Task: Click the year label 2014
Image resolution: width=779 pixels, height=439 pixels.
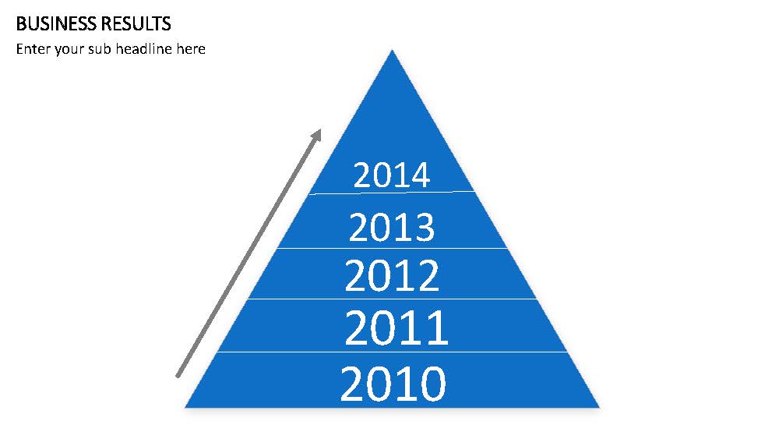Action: pyautogui.click(x=392, y=175)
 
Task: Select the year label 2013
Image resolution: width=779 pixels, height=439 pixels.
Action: pyautogui.click(x=392, y=227)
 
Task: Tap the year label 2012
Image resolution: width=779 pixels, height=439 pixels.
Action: pyautogui.click(x=392, y=275)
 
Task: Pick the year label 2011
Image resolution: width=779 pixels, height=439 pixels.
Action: pyautogui.click(x=396, y=327)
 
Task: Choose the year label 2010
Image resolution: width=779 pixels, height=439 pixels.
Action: pyautogui.click(x=393, y=383)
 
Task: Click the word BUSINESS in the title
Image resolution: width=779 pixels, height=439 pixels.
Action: pyautogui.click(x=56, y=24)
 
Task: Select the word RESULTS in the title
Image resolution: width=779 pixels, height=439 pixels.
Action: pyautogui.click(x=136, y=24)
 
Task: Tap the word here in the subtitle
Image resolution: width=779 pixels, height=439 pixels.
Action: pyautogui.click(x=191, y=48)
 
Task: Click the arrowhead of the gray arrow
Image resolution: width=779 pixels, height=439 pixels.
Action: pyautogui.click(x=316, y=136)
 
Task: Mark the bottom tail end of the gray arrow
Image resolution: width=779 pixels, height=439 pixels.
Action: pyautogui.click(x=178, y=377)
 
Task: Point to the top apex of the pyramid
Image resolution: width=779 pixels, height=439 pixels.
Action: pyautogui.click(x=392, y=50)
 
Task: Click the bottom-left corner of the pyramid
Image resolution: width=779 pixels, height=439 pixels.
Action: pyautogui.click(x=185, y=407)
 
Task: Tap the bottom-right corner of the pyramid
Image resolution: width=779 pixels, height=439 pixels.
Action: pyautogui.click(x=599, y=407)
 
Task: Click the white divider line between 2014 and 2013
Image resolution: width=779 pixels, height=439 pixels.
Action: pyautogui.click(x=392, y=193)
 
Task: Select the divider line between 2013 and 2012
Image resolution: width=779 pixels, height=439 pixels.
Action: pyautogui.click(x=392, y=248)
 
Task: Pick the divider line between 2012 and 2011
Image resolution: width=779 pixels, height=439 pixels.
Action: pyautogui.click(x=392, y=299)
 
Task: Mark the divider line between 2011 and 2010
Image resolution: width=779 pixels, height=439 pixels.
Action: pyautogui.click(x=392, y=352)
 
